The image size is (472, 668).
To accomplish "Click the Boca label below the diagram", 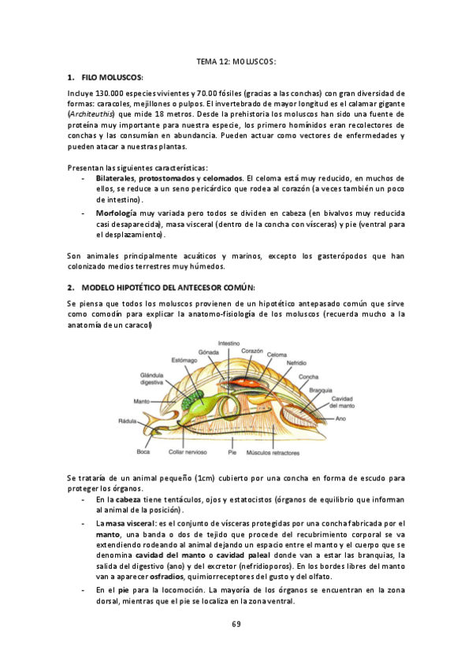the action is click(x=143, y=451).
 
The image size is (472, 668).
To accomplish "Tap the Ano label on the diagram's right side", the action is click(x=340, y=418).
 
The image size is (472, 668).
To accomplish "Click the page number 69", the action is click(x=236, y=624).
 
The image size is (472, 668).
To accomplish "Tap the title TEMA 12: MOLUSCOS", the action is click(x=236, y=61).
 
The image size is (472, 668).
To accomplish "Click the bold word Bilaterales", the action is click(x=121, y=179).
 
